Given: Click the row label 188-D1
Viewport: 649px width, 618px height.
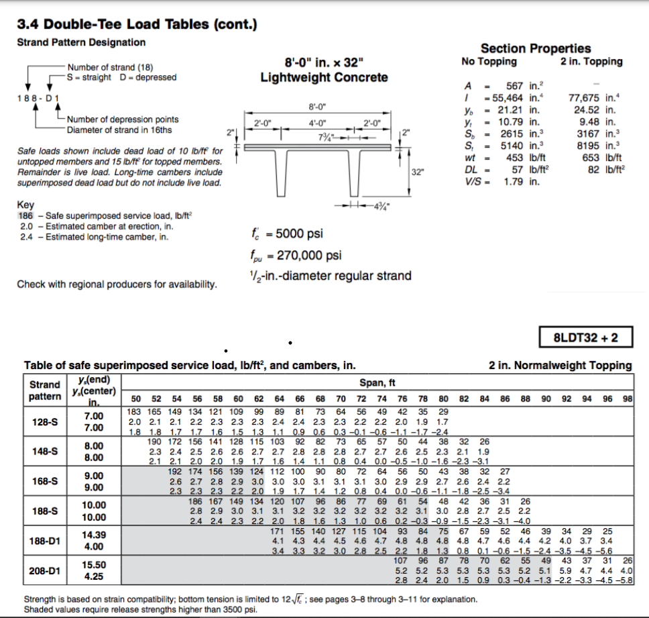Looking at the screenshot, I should [45, 541].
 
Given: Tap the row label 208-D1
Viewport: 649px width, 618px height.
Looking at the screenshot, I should [45, 570].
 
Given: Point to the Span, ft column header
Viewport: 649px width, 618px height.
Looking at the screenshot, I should [378, 382].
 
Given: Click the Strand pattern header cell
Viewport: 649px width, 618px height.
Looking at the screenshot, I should [44, 390].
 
